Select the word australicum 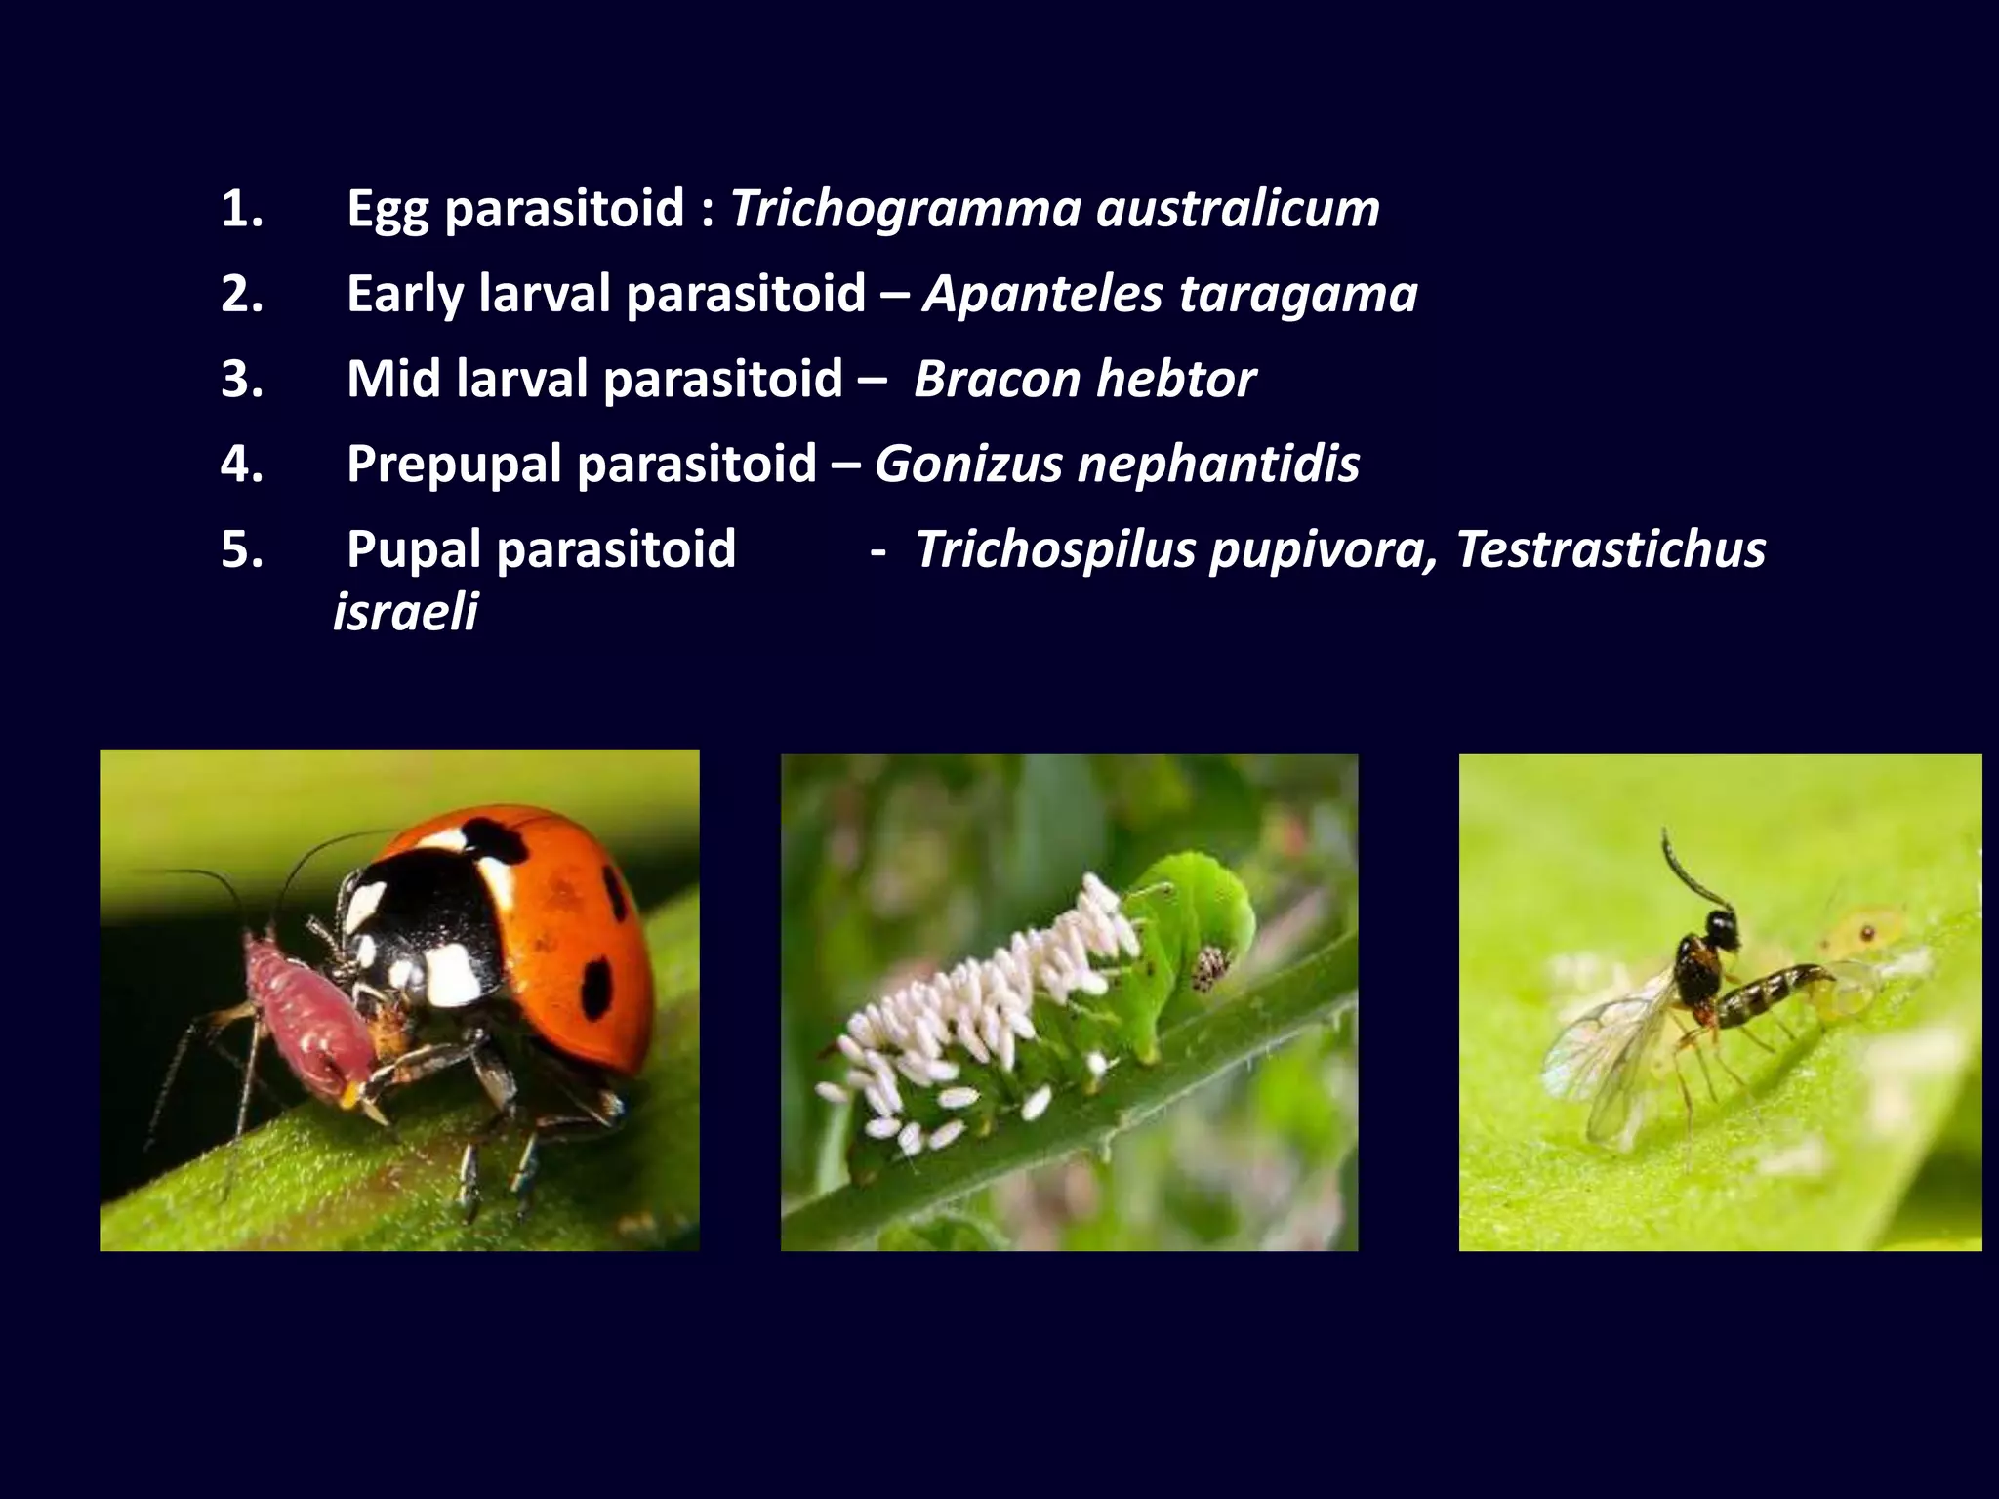pyautogui.click(x=1238, y=209)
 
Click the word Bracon pyautogui.click(x=995, y=379)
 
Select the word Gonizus pyautogui.click(x=967, y=464)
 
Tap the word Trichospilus pyautogui.click(x=1055, y=549)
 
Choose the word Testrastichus pyautogui.click(x=1611, y=549)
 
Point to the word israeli pyautogui.click(x=405, y=613)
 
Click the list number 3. pyautogui.click(x=241, y=379)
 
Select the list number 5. pyautogui.click(x=241, y=549)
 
